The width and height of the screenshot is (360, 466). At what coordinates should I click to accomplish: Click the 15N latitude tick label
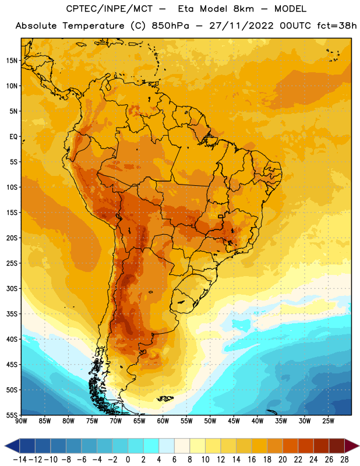click(x=12, y=61)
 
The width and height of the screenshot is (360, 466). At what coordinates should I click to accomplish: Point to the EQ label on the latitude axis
click(x=13, y=137)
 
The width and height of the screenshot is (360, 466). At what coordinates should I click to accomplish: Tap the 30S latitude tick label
click(x=12, y=288)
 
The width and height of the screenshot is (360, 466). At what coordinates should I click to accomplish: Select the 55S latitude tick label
click(x=12, y=415)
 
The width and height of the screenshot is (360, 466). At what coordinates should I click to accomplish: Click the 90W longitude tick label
click(x=21, y=421)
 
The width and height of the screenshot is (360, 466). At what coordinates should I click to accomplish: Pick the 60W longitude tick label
click(x=163, y=421)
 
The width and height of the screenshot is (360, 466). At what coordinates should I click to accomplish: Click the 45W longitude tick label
click(x=234, y=421)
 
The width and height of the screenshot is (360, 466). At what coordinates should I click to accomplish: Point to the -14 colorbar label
click(x=20, y=460)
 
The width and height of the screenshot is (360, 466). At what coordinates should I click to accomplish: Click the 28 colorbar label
click(x=344, y=460)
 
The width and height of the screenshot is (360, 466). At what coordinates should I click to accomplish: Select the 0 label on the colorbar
click(x=128, y=460)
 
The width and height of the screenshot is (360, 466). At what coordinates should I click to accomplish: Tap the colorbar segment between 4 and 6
click(x=167, y=446)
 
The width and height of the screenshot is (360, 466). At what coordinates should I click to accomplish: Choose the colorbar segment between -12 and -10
click(x=43, y=446)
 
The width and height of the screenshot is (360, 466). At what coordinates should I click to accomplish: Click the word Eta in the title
click(x=185, y=9)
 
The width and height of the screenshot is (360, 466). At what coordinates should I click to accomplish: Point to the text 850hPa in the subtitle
click(x=170, y=26)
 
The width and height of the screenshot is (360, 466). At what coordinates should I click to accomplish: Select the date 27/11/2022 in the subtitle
click(x=241, y=26)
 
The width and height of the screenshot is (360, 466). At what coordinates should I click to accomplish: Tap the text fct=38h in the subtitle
click(x=337, y=26)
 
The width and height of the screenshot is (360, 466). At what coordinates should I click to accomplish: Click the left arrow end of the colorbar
click(x=5, y=446)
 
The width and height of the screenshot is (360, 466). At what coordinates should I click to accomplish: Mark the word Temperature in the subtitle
click(x=93, y=26)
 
